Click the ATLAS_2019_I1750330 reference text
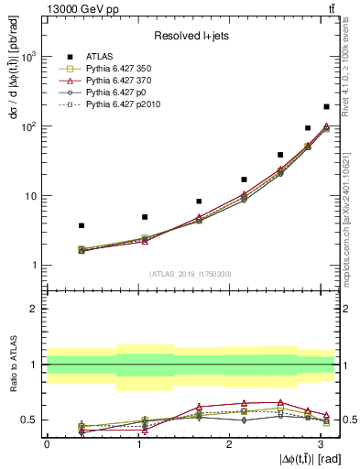click(x=190, y=274)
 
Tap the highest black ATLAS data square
click(x=327, y=107)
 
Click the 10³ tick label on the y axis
click(x=29, y=57)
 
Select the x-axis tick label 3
click(x=319, y=444)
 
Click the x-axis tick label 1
click(x=137, y=444)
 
